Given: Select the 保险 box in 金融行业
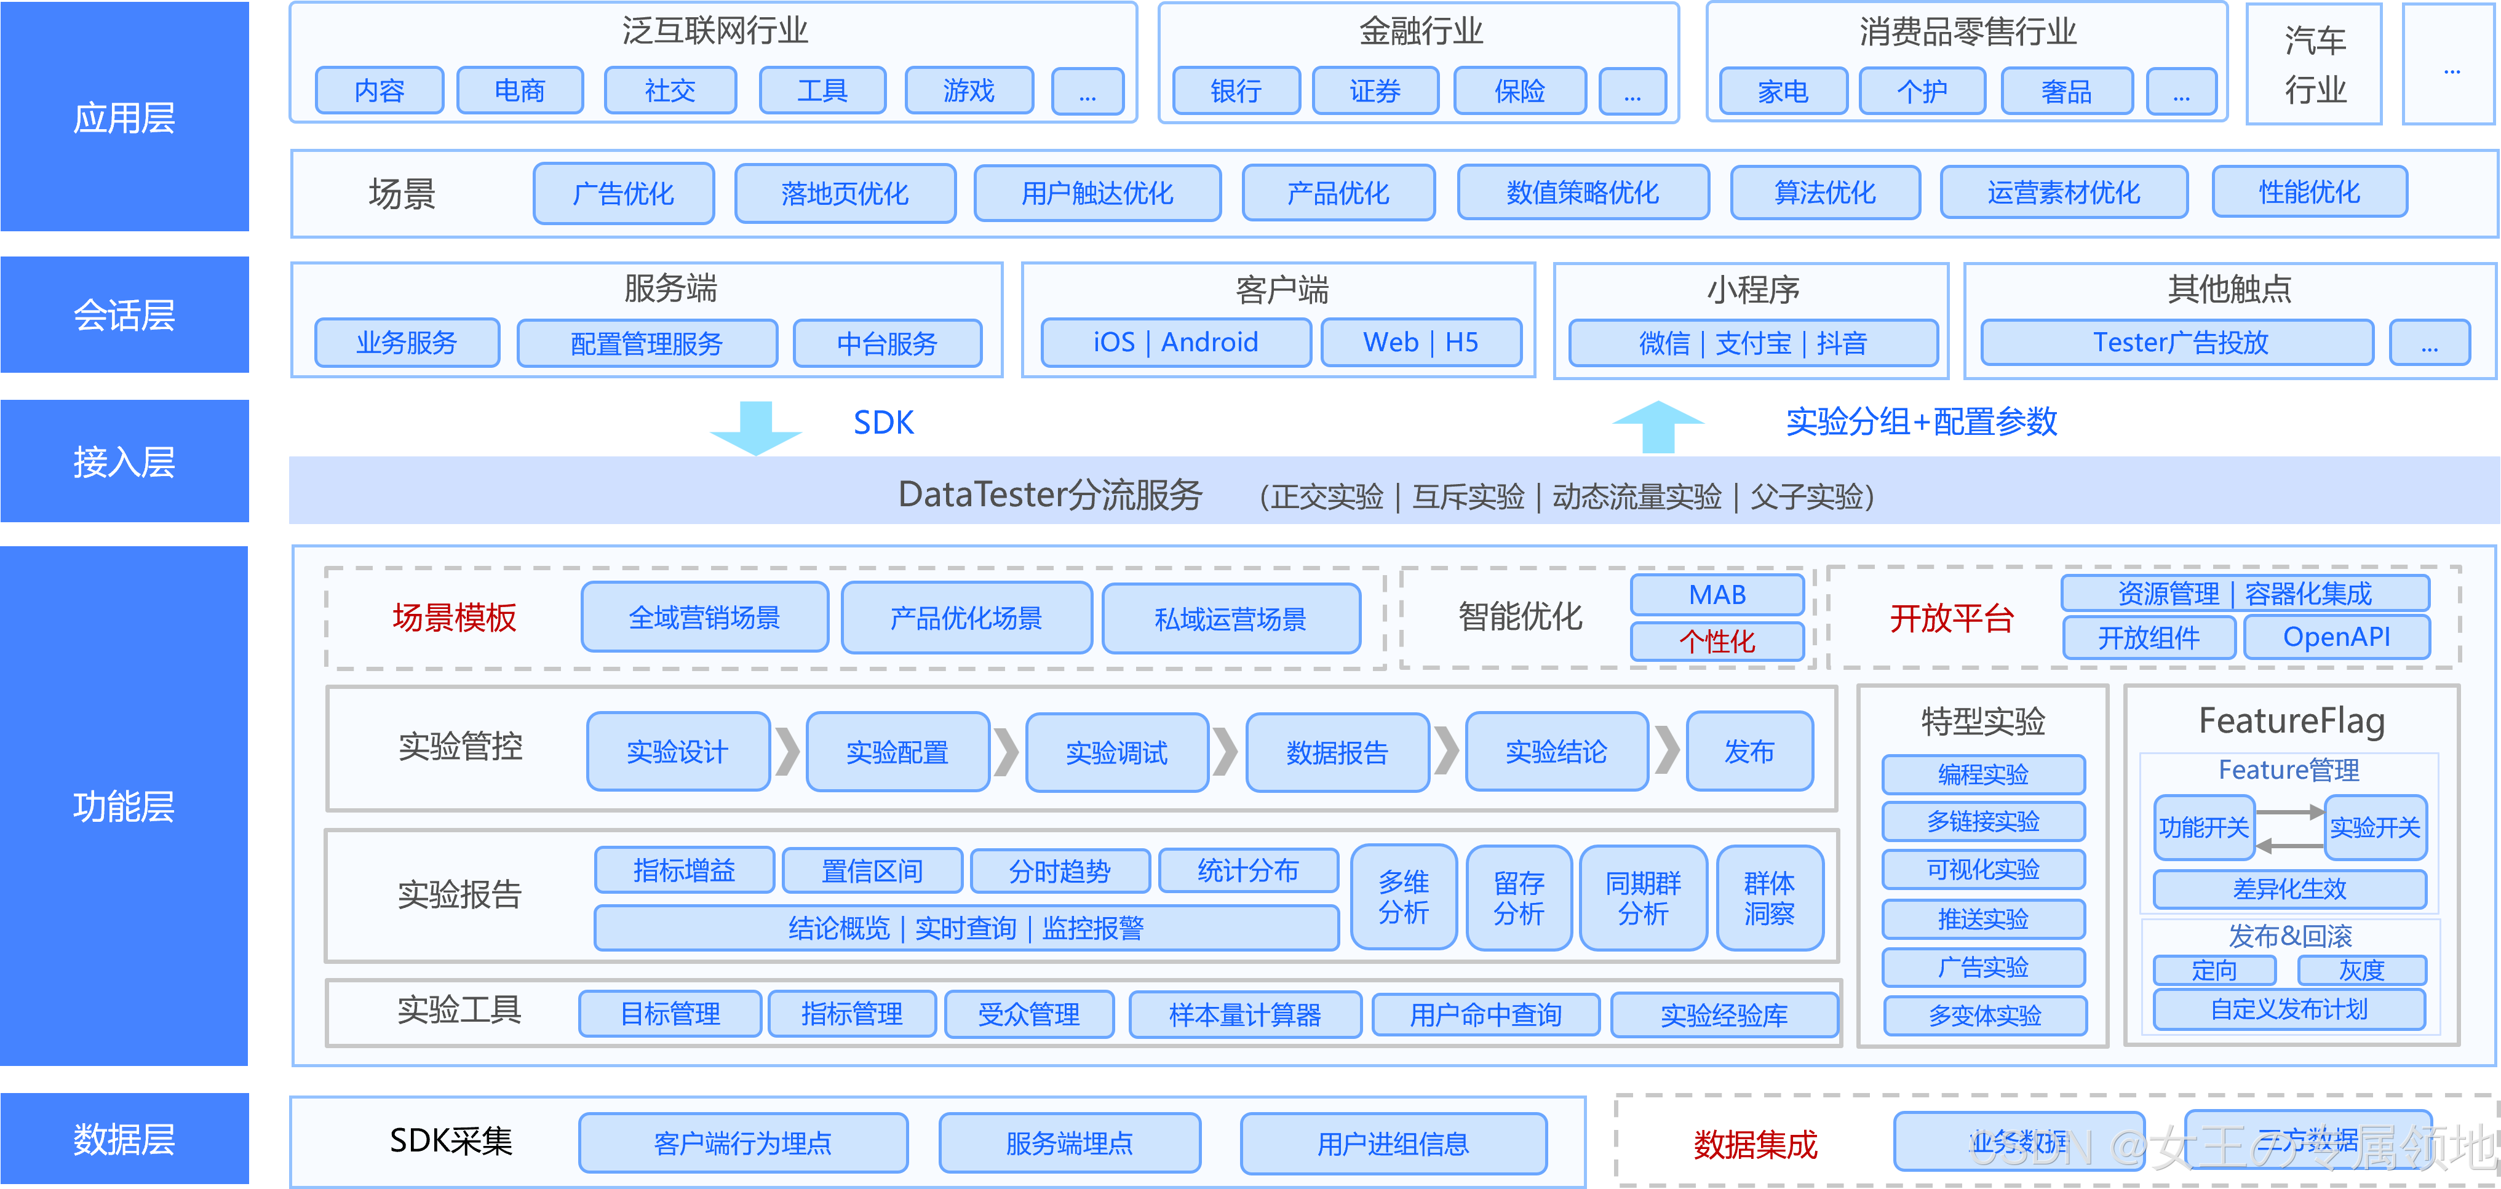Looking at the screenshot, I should pyautogui.click(x=1519, y=91).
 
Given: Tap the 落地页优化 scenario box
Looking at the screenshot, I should pyautogui.click(x=845, y=193).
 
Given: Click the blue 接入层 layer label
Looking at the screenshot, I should pyautogui.click(x=124, y=462).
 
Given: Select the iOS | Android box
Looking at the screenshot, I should pyautogui.click(x=1175, y=343).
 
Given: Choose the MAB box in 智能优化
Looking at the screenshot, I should pyautogui.click(x=1717, y=595).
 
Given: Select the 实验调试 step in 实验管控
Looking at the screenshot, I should pyautogui.click(x=1116, y=752).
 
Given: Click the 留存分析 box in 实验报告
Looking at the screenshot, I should pyautogui.click(x=1519, y=898).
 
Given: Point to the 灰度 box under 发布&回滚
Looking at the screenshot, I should pyautogui.click(x=2361, y=969).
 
